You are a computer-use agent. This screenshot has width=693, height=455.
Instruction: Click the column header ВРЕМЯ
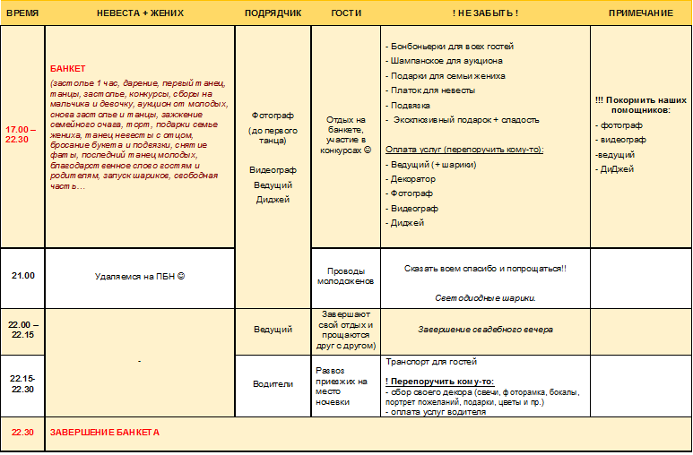[x=22, y=13]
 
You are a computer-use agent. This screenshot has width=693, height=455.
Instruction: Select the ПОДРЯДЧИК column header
[x=273, y=13]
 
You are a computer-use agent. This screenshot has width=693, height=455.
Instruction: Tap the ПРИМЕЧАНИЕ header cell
[x=640, y=13]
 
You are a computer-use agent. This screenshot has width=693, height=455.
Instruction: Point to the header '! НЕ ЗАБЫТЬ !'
[x=485, y=13]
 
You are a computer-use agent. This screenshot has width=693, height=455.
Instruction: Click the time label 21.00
[x=22, y=276]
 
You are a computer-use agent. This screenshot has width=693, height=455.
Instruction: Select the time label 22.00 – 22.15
[x=22, y=329]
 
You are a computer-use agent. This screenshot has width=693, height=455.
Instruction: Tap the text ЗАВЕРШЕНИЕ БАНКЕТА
[x=104, y=432]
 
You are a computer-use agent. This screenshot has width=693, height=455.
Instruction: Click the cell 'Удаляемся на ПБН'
[x=139, y=276]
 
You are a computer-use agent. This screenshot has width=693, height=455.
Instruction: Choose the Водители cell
[x=273, y=383]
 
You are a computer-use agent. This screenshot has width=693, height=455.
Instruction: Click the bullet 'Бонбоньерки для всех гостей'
[x=452, y=47]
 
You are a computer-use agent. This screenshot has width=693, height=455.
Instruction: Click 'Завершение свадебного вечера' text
[x=485, y=329]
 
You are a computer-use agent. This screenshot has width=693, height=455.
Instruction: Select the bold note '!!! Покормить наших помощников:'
[x=640, y=104]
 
